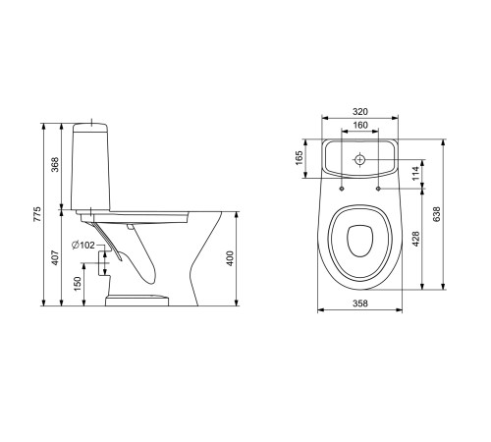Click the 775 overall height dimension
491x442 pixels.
click(37, 214)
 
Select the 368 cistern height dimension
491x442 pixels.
click(55, 165)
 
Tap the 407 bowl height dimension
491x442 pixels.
click(55, 257)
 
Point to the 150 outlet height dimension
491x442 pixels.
click(78, 284)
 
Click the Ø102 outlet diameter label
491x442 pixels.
click(83, 245)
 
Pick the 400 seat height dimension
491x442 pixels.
click(230, 258)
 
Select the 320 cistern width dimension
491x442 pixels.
click(360, 112)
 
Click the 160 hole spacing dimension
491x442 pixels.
click(360, 125)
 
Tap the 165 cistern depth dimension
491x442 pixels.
click(300, 158)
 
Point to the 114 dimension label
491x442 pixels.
click(415, 174)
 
